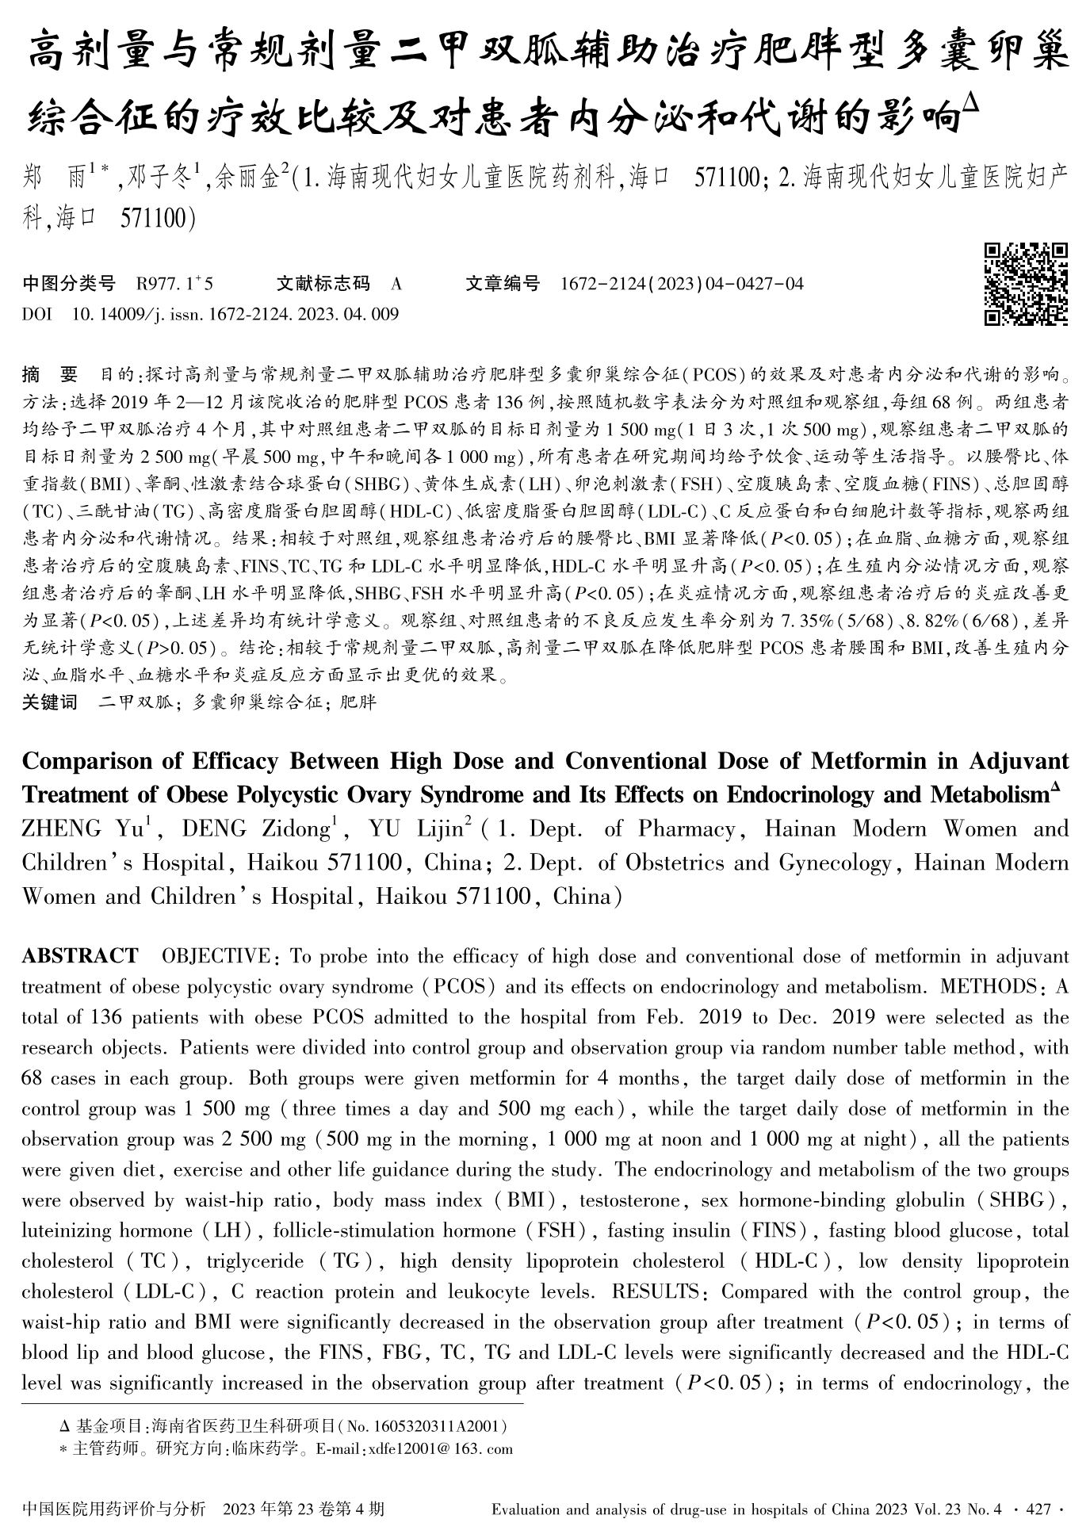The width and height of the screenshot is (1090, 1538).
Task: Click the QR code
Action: tap(1025, 285)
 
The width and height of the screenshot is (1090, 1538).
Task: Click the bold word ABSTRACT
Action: tap(79, 955)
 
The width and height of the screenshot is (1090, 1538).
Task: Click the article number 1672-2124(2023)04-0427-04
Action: tap(682, 284)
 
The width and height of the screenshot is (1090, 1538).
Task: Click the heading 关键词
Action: tap(50, 702)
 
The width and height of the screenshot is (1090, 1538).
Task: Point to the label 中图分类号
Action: tap(69, 284)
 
